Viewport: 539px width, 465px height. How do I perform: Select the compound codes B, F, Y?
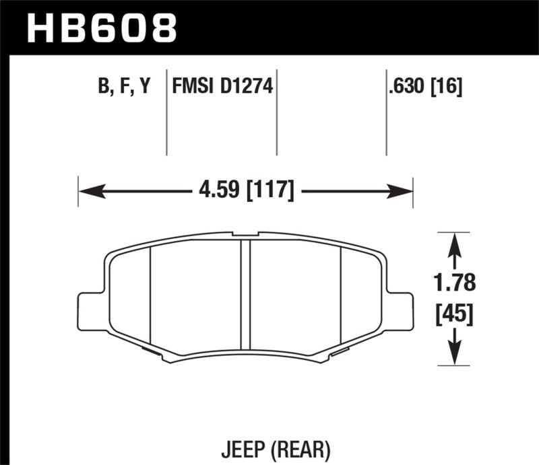point(124,87)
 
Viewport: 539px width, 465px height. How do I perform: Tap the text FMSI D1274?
point(222,87)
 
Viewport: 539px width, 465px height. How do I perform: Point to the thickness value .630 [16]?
point(424,87)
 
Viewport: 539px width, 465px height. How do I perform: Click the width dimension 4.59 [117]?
point(246,192)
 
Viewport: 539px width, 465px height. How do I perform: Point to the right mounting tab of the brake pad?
point(400,311)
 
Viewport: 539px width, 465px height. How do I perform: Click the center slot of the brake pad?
point(246,299)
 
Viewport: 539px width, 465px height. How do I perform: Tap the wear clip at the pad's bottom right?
point(339,351)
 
